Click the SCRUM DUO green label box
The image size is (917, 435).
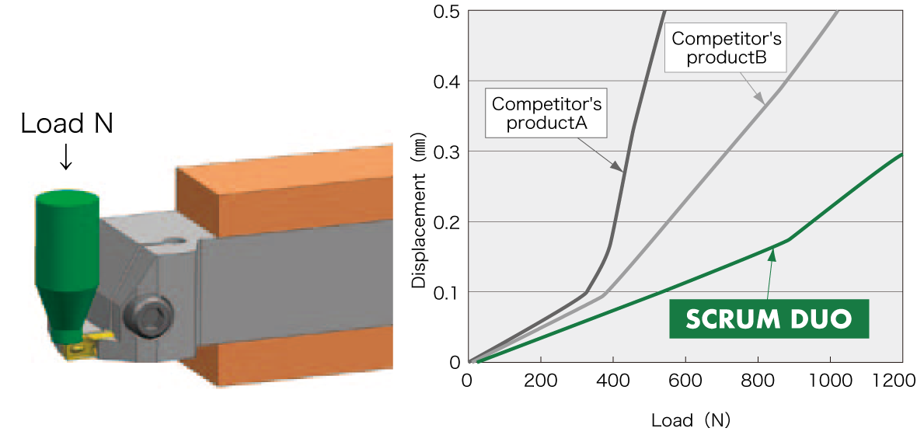pyautogui.click(x=768, y=318)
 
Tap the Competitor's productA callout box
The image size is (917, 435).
pyautogui.click(x=546, y=113)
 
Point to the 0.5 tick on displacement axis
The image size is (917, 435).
pyautogui.click(x=449, y=12)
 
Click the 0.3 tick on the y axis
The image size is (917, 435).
pyautogui.click(x=449, y=152)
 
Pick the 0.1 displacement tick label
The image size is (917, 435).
pyautogui.click(x=449, y=292)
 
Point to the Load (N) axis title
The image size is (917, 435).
pyautogui.click(x=691, y=420)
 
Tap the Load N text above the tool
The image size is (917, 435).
pyautogui.click(x=67, y=124)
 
